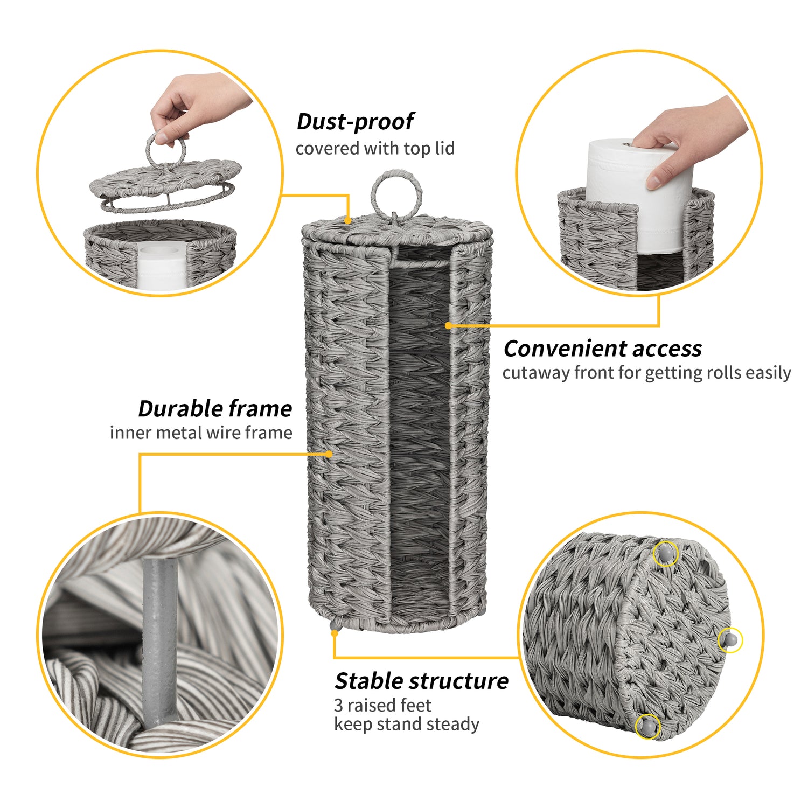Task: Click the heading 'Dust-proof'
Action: [x=356, y=122]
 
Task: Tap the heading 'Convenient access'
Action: [x=603, y=349]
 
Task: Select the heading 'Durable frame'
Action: [x=215, y=408]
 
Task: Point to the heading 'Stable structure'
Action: [x=421, y=681]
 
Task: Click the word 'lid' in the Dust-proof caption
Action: [x=445, y=148]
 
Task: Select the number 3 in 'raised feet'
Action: [x=338, y=705]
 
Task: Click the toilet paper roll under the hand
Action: [x=636, y=197]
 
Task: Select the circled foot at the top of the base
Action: [x=666, y=553]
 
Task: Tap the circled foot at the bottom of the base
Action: [x=647, y=727]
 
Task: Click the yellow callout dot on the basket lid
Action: [x=349, y=220]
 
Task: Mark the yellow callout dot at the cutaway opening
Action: [x=448, y=325]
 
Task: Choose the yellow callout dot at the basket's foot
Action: [x=335, y=633]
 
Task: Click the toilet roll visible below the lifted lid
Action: [x=161, y=266]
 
